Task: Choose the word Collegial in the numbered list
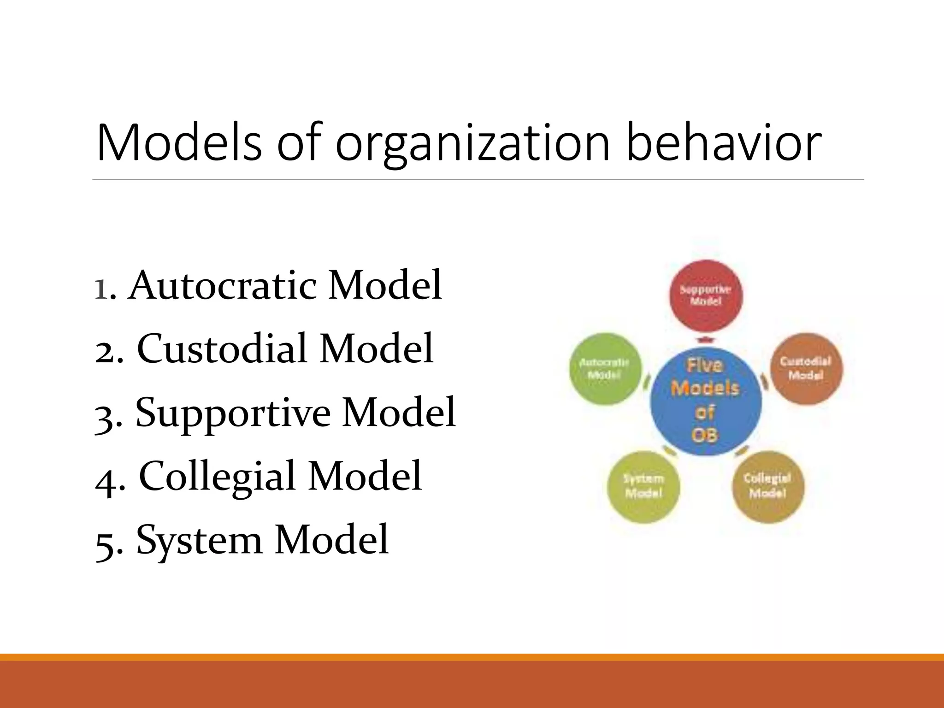tap(217, 476)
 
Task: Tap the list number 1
tap(102, 289)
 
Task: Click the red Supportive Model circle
tap(706, 295)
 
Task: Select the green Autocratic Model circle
tap(604, 369)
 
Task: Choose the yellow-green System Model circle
tap(643, 486)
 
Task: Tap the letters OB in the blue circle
tap(705, 435)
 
